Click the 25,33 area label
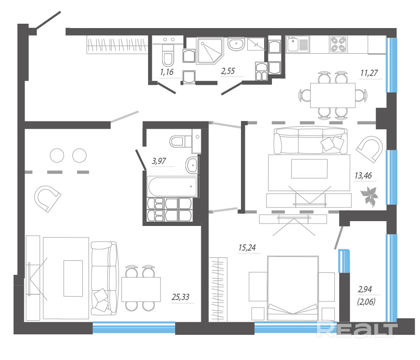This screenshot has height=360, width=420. (x=180, y=297)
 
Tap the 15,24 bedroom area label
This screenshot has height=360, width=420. (x=247, y=248)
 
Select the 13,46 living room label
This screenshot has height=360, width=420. (x=363, y=176)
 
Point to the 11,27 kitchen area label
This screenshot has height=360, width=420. (x=369, y=73)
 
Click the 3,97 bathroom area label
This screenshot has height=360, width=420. (x=159, y=161)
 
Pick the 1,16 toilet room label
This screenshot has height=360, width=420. (x=166, y=72)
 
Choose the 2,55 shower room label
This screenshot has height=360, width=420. (x=228, y=71)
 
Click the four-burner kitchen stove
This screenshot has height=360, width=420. (x=338, y=44)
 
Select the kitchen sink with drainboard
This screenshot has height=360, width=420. (x=298, y=44)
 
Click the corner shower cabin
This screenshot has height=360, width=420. (x=210, y=51)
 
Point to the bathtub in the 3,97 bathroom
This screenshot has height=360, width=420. (x=173, y=187)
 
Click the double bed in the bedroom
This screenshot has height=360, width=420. (x=293, y=288)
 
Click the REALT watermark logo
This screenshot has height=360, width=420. (x=357, y=329)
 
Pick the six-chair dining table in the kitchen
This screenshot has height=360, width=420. (x=333, y=95)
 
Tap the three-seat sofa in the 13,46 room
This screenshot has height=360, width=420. (x=311, y=141)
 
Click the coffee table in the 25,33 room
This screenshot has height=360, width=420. (x=73, y=278)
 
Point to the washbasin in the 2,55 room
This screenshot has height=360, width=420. (x=236, y=44)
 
